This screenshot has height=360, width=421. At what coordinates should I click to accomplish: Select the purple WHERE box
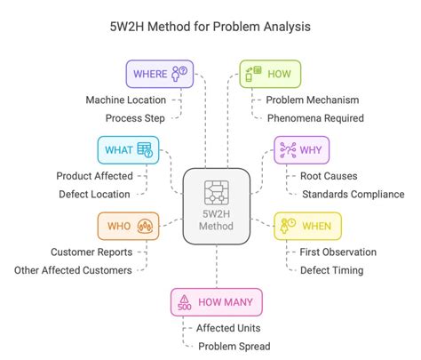point(159,74)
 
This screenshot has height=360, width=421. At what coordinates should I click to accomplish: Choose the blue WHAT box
point(128,150)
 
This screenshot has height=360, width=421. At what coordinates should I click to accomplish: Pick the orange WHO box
point(126,226)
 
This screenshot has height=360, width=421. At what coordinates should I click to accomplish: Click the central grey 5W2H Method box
point(217,206)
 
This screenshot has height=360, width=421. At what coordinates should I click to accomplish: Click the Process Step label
point(136,117)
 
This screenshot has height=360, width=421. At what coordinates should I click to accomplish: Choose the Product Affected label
point(95,176)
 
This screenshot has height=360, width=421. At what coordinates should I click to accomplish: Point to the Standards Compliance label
point(353,194)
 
